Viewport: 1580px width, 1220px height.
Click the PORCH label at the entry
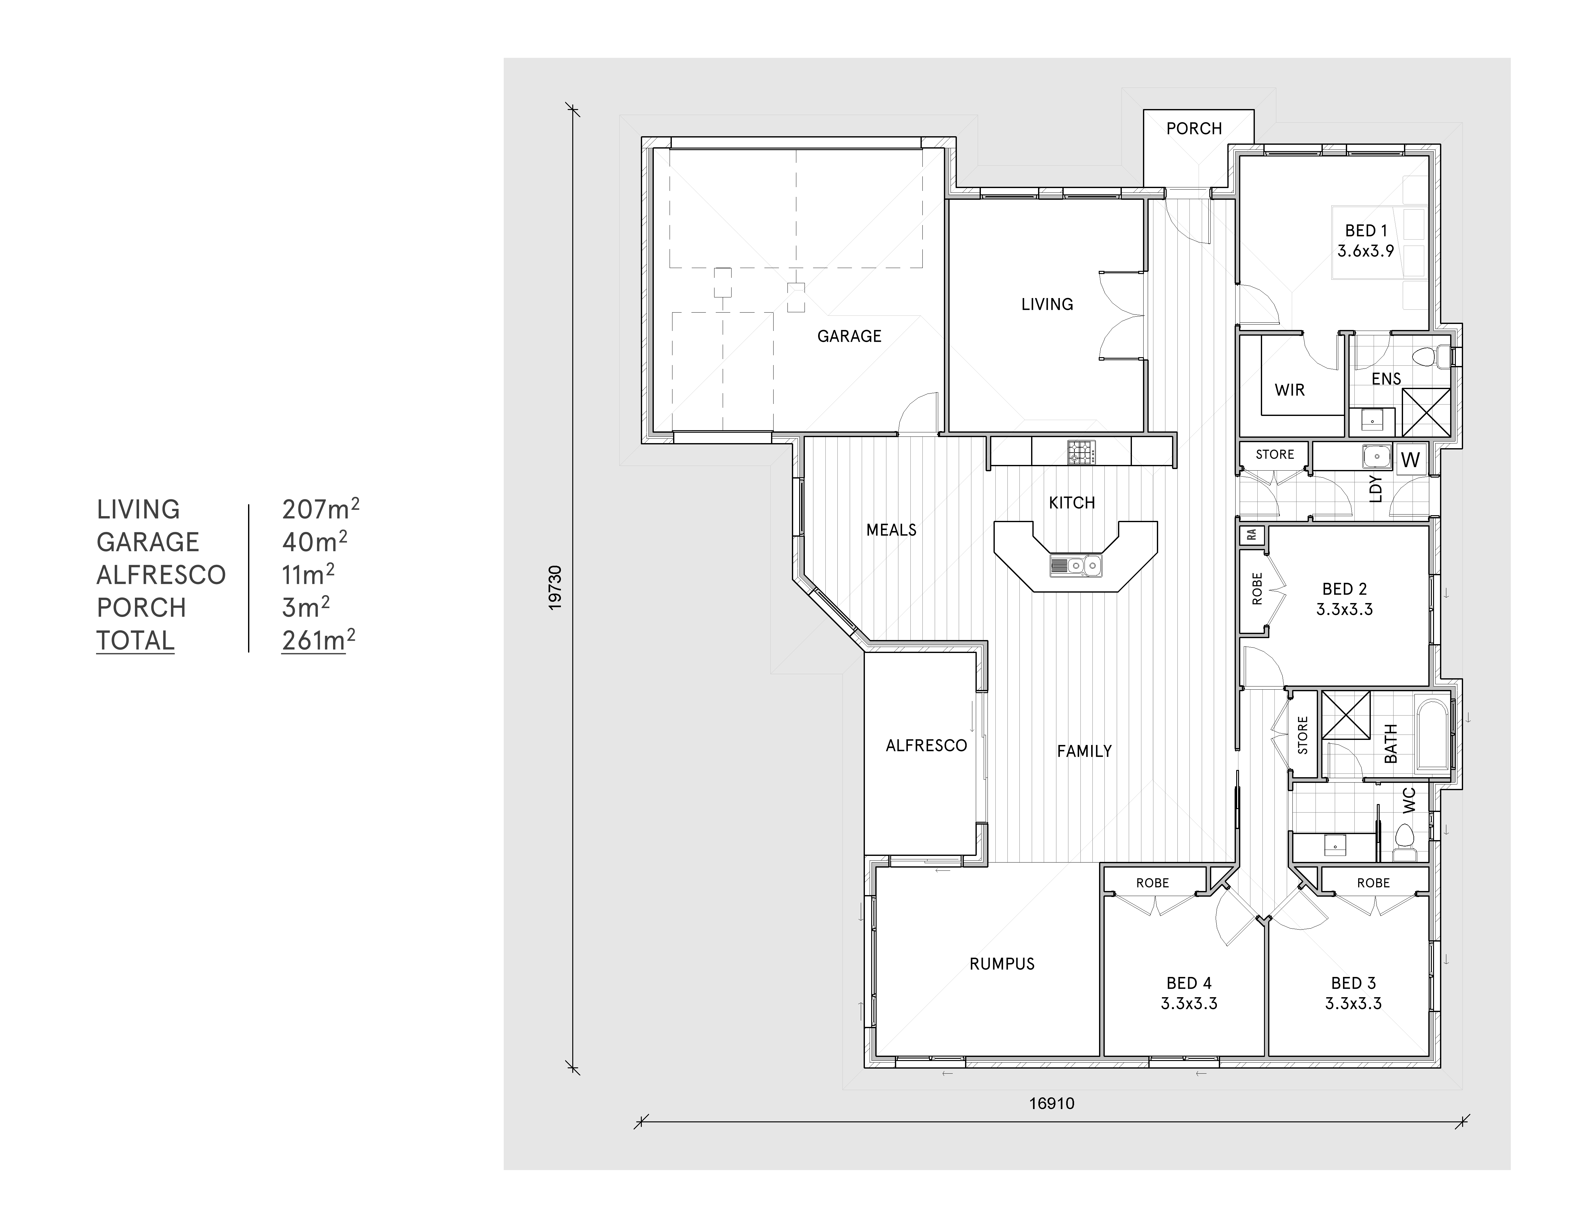[1194, 129]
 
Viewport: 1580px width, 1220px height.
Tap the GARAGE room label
[849, 337]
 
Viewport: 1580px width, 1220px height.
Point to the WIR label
[1289, 390]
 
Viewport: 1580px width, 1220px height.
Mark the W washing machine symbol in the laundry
[1410, 460]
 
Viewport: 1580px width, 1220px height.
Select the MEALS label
[891, 530]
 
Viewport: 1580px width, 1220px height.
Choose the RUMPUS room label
[1002, 964]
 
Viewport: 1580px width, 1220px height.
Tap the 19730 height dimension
[555, 588]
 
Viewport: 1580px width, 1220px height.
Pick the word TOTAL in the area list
[135, 641]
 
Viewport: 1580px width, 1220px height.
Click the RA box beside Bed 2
[1252, 535]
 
